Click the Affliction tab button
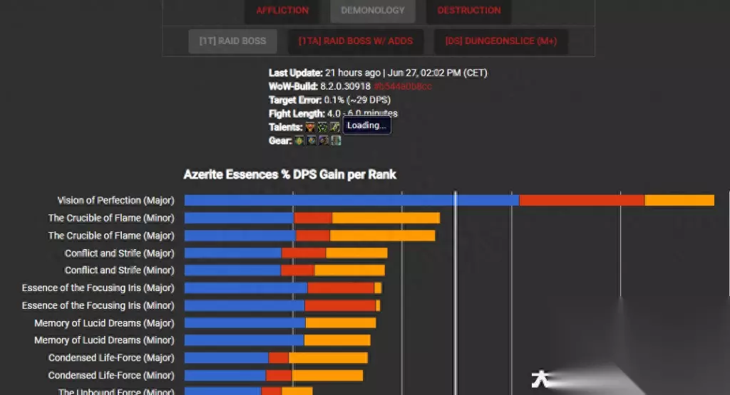coord(282,11)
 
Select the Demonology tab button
coord(373,11)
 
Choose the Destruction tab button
coord(468,11)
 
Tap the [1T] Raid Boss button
coord(232,41)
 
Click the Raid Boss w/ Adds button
coord(355,41)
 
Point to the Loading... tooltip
coord(366,126)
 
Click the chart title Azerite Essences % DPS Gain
coord(290,174)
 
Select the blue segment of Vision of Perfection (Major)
coord(351,201)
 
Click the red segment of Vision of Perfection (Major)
coord(582,201)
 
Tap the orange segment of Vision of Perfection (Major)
coord(679,201)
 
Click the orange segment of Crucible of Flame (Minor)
coord(386,218)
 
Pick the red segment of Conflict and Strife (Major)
coord(304,253)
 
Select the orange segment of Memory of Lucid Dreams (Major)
coord(340,323)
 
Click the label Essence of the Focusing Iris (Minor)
coord(98,305)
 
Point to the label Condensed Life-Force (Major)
coord(110,358)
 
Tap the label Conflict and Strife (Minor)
coord(119,270)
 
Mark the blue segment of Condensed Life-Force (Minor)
coord(225,375)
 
